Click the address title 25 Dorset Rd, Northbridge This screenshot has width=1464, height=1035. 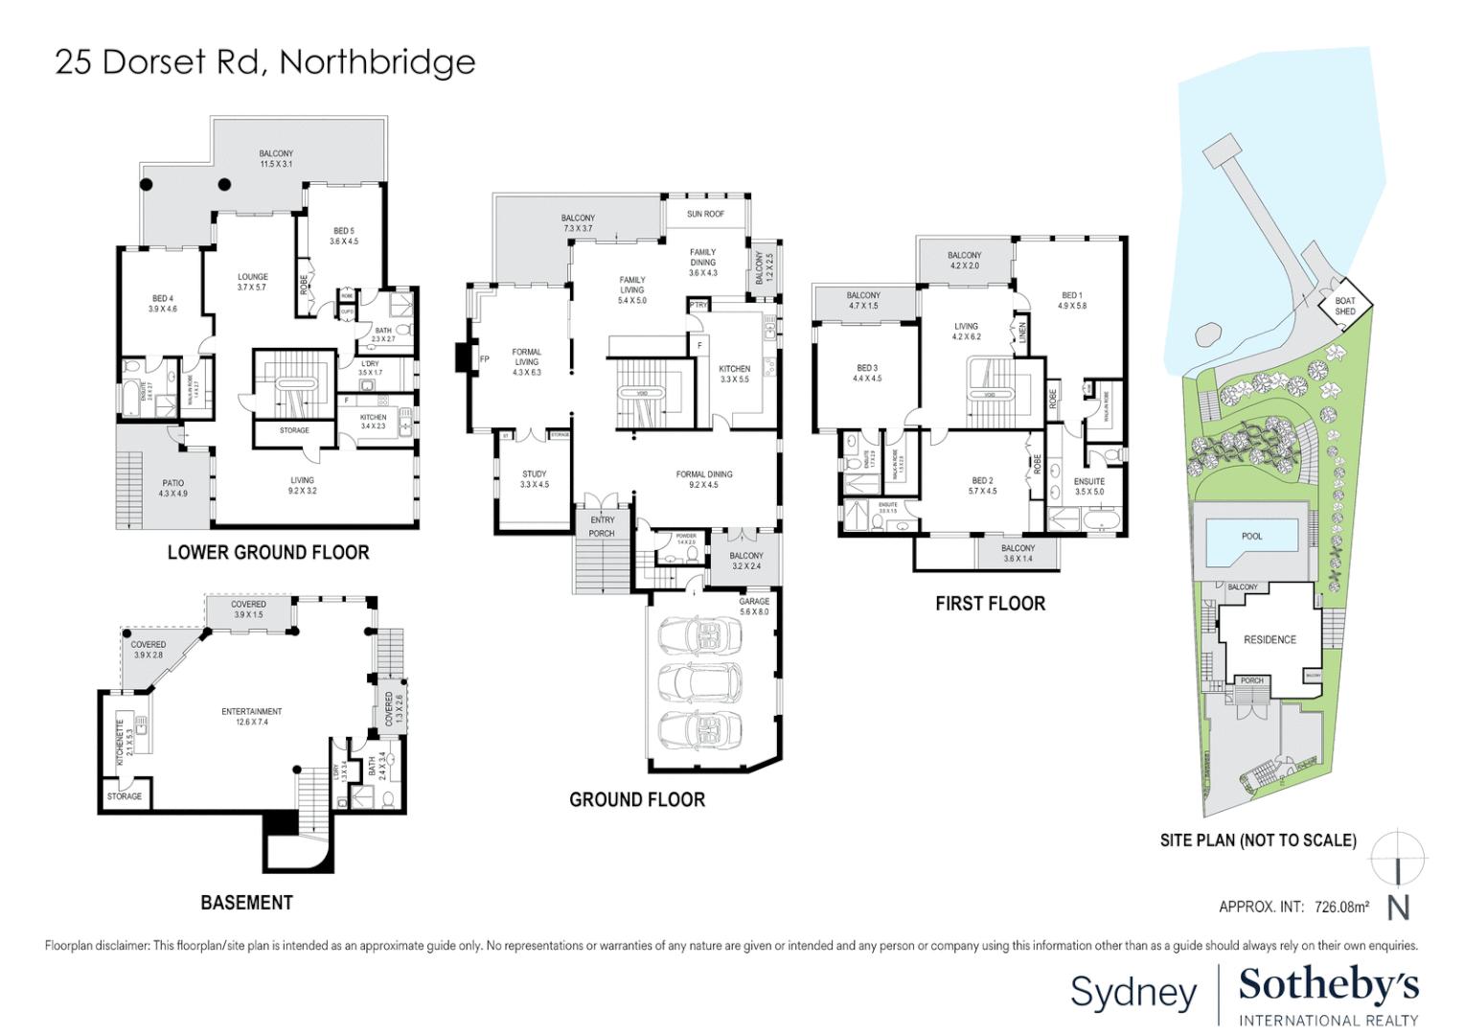(x=265, y=62)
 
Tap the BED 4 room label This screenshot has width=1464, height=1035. (x=162, y=299)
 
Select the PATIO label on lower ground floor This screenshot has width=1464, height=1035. (x=173, y=484)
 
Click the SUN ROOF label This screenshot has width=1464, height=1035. (x=705, y=215)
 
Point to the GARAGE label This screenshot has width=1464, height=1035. (x=754, y=602)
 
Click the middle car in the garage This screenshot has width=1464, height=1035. (x=700, y=681)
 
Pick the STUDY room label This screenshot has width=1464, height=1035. (x=535, y=474)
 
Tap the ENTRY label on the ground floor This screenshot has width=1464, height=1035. (x=603, y=520)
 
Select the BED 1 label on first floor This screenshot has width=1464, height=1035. (x=1072, y=296)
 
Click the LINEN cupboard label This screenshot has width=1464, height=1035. (x=1022, y=333)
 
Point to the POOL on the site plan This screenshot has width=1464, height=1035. (x=1251, y=537)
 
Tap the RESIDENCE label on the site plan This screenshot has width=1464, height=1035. (x=1270, y=640)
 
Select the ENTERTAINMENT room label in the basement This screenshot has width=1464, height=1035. (x=252, y=712)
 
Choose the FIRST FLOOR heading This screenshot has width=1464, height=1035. (x=990, y=604)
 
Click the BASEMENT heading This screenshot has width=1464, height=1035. (x=246, y=903)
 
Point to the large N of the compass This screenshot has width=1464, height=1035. (x=1399, y=908)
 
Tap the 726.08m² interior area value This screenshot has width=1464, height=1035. (x=1341, y=907)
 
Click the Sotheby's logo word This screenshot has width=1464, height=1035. (x=1329, y=984)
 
